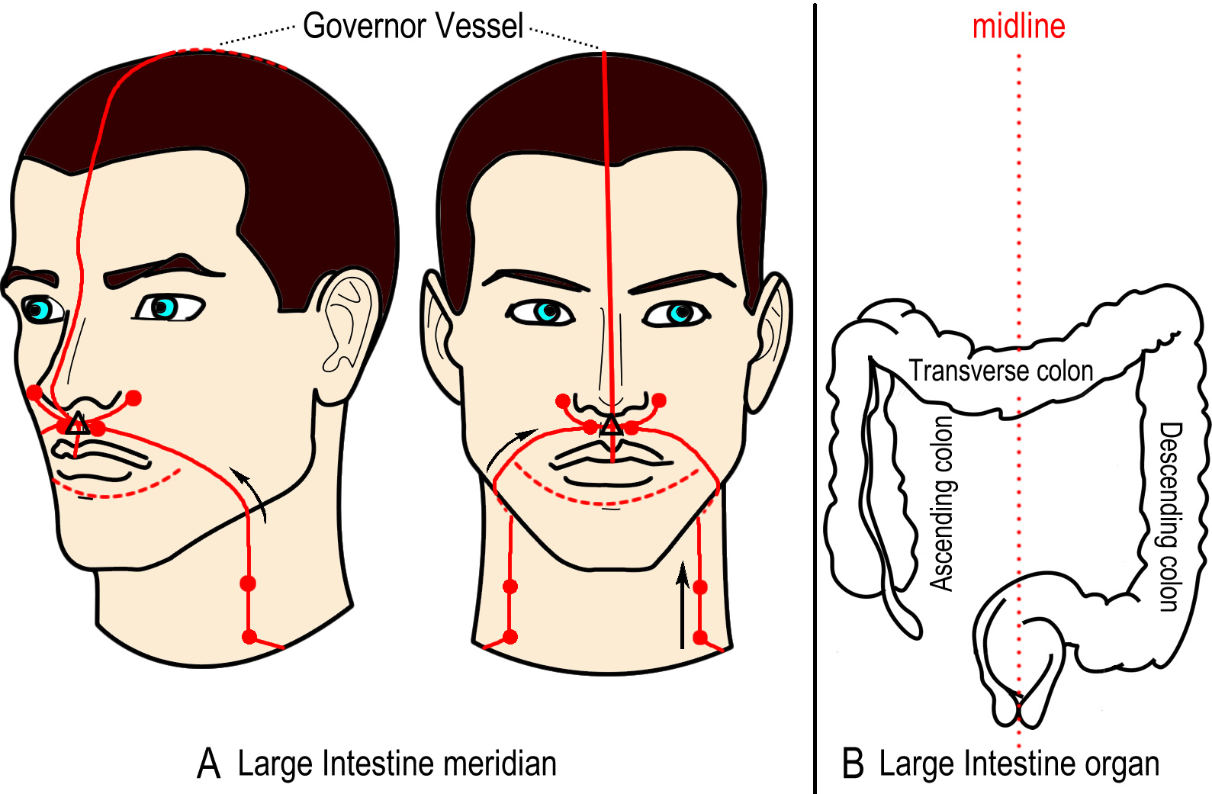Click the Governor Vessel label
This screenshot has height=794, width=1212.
click(x=413, y=25)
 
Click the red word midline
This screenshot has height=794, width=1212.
click(x=1019, y=26)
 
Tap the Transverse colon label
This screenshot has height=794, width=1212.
click(x=1001, y=371)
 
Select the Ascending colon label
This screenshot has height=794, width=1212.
click(x=942, y=503)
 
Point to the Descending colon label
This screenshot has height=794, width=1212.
click(x=1170, y=517)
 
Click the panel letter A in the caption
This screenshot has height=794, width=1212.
click(x=209, y=763)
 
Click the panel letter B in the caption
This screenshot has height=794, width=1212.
click(x=854, y=763)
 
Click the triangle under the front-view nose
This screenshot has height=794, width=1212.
click(x=612, y=426)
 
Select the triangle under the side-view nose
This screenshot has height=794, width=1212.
click(x=77, y=424)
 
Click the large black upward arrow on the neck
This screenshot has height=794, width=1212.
click(x=683, y=605)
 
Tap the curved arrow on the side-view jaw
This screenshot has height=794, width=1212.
click(x=249, y=493)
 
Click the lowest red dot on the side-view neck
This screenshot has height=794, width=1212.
click(x=249, y=637)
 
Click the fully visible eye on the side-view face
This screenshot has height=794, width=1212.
click(x=170, y=308)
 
